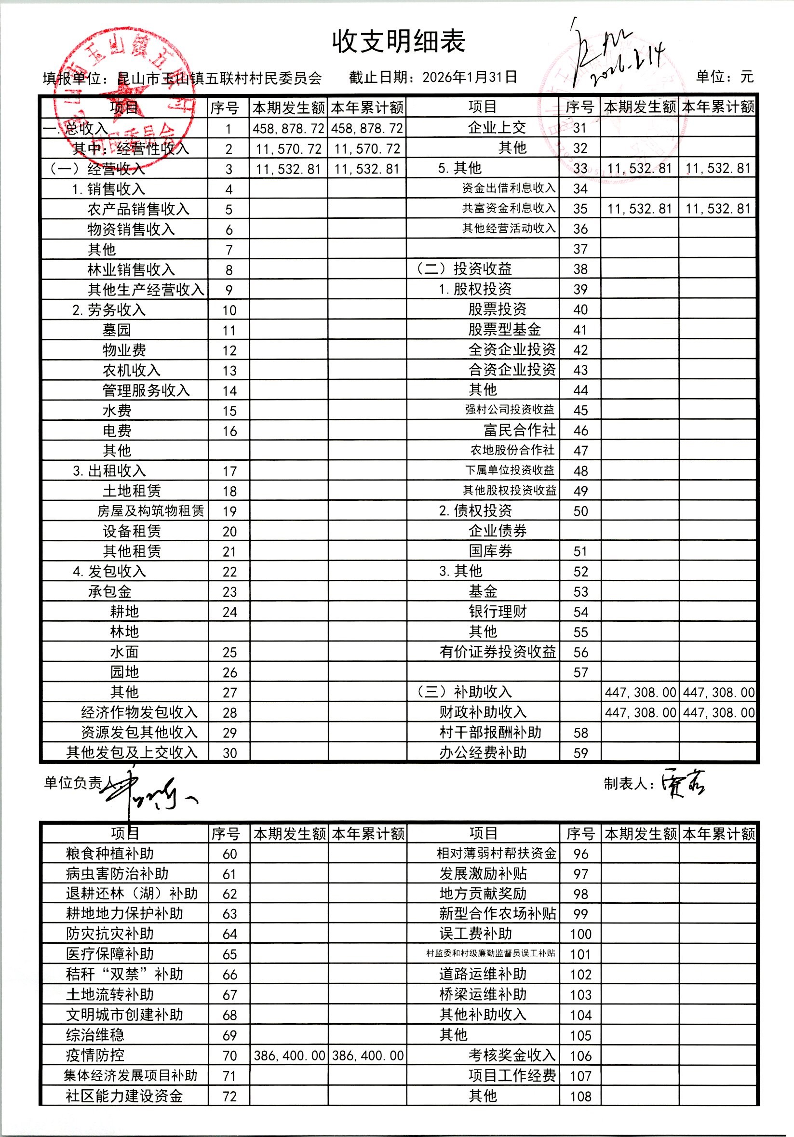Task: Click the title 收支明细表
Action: point(399,41)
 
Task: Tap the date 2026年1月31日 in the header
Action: point(470,77)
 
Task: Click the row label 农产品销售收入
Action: point(138,210)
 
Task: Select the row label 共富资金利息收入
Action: point(509,209)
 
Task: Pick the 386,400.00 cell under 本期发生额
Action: point(289,1056)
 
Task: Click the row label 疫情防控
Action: point(95,1055)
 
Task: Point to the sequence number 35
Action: point(580,209)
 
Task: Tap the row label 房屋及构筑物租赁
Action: point(150,511)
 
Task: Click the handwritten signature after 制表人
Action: point(683,783)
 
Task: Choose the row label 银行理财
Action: point(498,612)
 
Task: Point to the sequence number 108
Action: point(580,1097)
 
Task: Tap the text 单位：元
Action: point(725,77)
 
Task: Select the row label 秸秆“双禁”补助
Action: point(124,975)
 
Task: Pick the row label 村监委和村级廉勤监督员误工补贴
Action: point(490,954)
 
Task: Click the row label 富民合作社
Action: point(519,430)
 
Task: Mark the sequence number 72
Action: point(229,1097)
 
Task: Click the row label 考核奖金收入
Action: point(511,1055)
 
